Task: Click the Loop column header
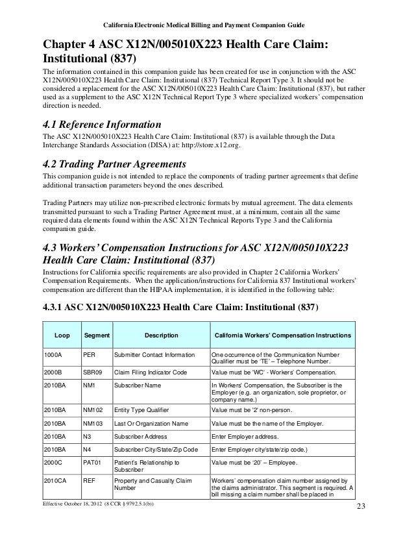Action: pyautogui.click(x=62, y=335)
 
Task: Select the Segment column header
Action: pyautogui.click(x=96, y=335)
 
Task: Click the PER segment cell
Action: pyautogui.click(x=90, y=356)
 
